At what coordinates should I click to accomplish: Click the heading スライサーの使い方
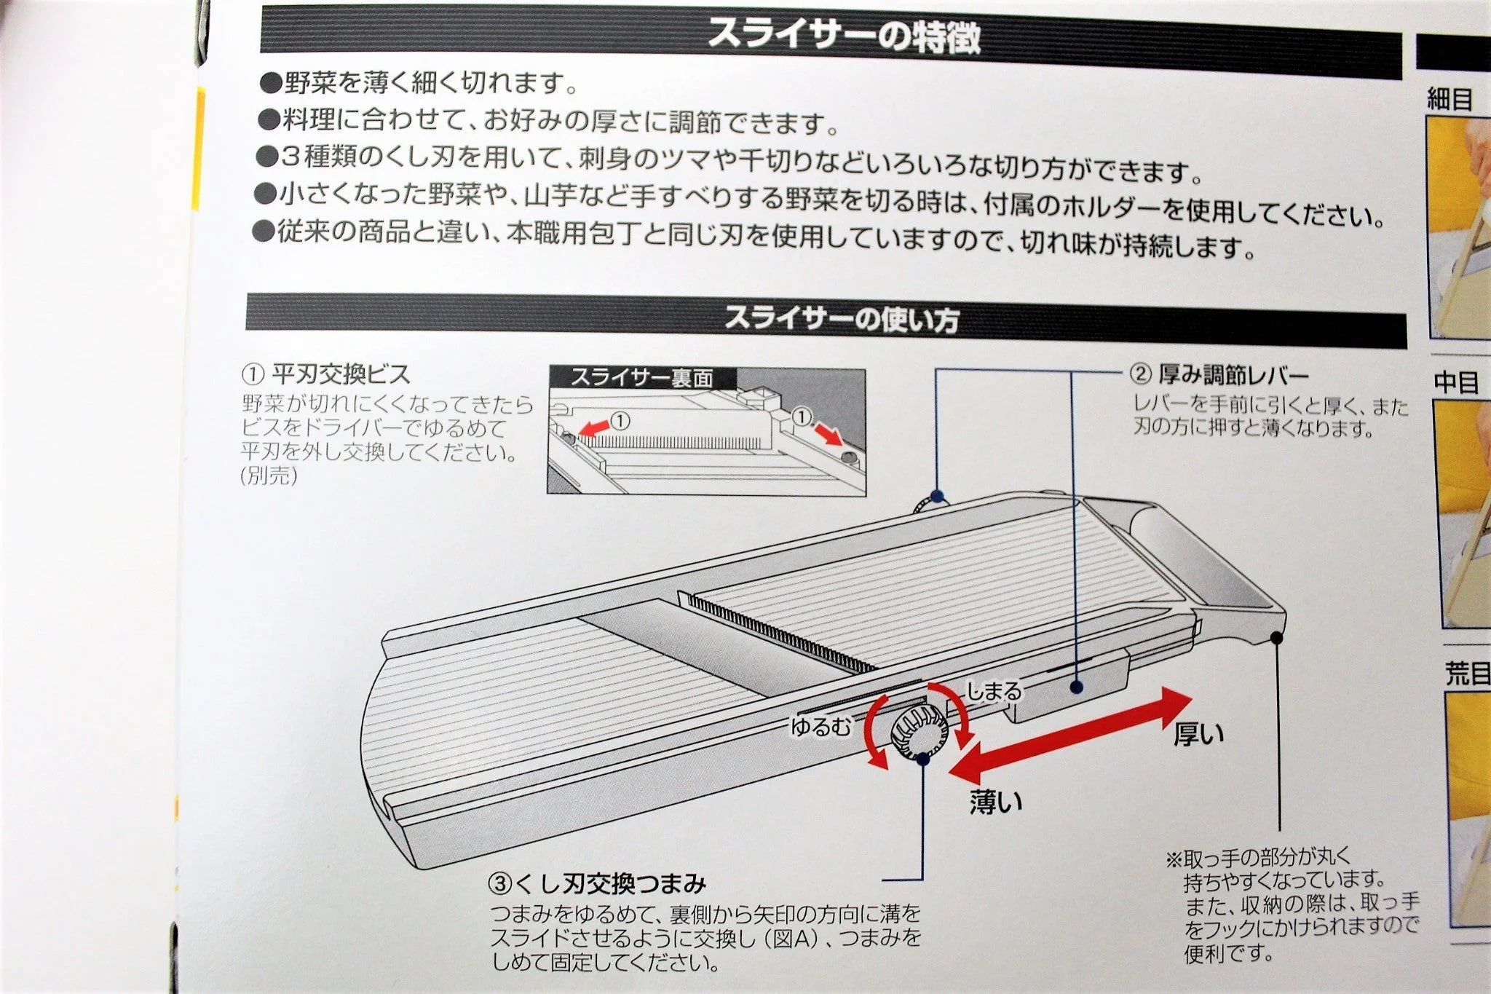coord(841,320)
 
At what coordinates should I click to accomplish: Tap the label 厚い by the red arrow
coord(1198,733)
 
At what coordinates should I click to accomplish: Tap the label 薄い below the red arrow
coord(995,801)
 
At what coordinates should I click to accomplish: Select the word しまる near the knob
coord(993,691)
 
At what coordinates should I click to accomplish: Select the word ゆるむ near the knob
coord(820,727)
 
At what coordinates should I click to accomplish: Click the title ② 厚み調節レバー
coord(1219,375)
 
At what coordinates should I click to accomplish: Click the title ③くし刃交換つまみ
coord(597,884)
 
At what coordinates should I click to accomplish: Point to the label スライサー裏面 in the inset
coord(641,378)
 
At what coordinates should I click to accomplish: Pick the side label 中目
coord(1455,382)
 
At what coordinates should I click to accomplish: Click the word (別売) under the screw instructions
coord(269,476)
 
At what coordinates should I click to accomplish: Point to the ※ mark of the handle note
coord(1174,859)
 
